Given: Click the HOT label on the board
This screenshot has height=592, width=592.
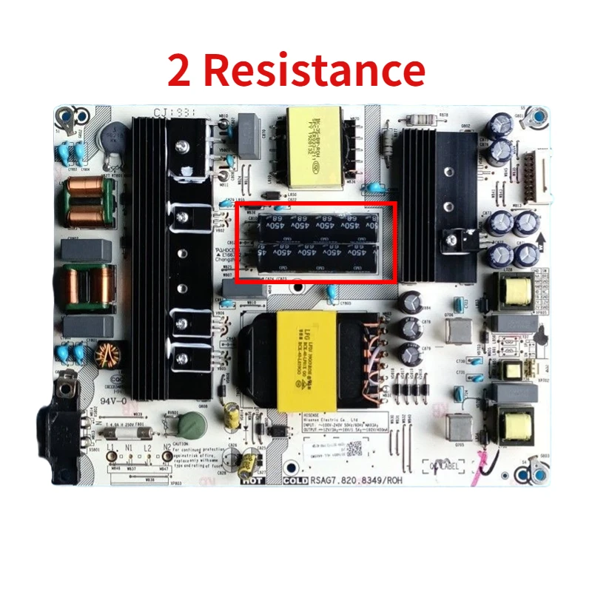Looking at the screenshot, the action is (252, 481).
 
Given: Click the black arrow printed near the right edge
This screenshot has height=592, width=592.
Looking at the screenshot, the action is (539, 240).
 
